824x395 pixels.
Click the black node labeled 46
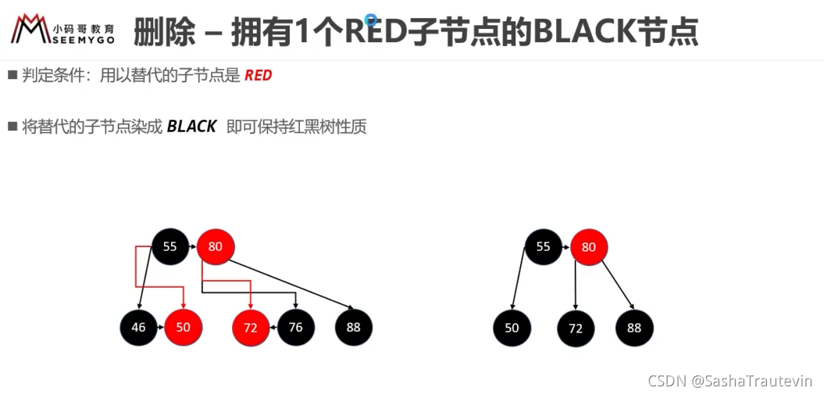[x=138, y=327]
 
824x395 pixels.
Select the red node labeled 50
[x=184, y=327]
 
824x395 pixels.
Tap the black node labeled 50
[x=512, y=329]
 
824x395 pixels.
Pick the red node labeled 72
[x=251, y=328]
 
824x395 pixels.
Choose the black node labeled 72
[x=576, y=329]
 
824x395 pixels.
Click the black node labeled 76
[x=296, y=327]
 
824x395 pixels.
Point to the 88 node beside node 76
[x=354, y=327]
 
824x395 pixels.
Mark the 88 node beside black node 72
[x=634, y=329]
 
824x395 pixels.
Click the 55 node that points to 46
[x=169, y=246]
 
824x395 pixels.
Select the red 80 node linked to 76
[x=215, y=246]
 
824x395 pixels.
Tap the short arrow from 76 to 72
[x=274, y=327]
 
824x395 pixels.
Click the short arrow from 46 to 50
[x=161, y=327]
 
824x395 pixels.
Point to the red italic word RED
[x=259, y=76]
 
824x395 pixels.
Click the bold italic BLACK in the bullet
[x=191, y=127]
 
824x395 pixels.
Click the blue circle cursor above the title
[x=372, y=20]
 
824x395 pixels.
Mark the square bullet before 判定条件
[x=12, y=75]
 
